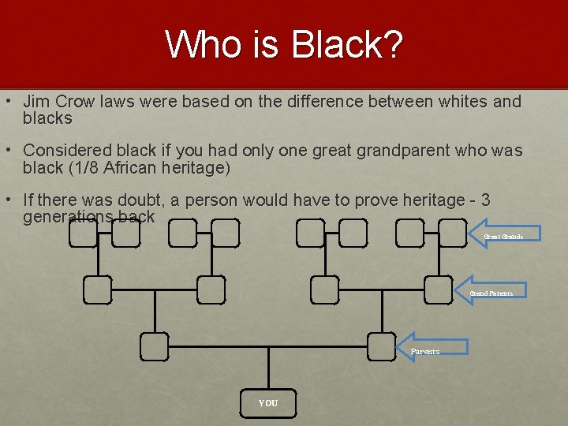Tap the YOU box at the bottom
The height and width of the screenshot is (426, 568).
[268, 403]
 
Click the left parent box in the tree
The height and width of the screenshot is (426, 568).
[155, 346]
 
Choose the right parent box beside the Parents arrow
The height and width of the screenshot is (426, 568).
[382, 346]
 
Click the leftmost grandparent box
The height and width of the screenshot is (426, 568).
[98, 290]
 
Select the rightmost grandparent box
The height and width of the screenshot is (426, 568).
[438, 290]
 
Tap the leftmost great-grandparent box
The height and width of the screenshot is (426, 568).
[83, 233]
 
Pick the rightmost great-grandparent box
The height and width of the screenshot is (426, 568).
[453, 233]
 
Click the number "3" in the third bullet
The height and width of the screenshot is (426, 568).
[485, 200]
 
